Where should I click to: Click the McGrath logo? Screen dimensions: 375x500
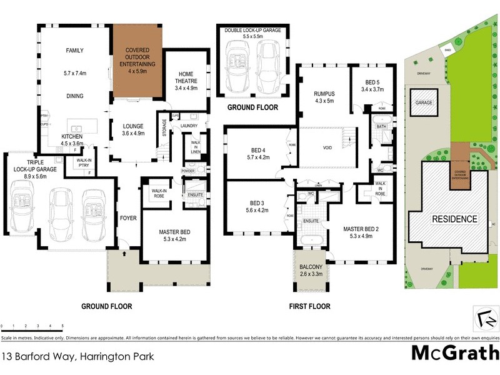point(454,353)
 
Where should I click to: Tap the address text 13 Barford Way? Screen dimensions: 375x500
point(77,357)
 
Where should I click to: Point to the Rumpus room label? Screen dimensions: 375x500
point(324,97)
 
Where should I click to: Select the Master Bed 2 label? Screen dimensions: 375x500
point(361,232)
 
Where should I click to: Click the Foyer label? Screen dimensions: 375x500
point(128,218)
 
